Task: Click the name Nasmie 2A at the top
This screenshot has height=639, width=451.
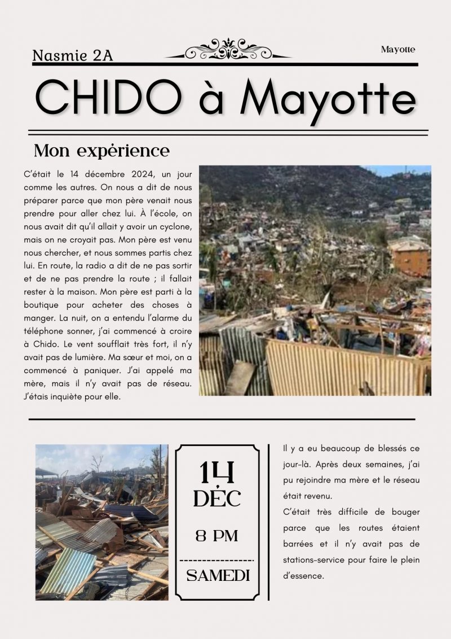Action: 73,55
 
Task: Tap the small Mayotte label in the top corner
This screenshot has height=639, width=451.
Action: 398,50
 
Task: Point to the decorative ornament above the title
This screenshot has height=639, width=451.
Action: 228,50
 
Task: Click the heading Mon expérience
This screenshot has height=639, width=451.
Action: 101,151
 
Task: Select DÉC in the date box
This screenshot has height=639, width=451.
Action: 217,498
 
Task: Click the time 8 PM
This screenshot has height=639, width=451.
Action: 217,535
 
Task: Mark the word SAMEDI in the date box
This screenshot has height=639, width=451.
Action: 218,576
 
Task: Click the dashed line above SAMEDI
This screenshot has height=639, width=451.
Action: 217,560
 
